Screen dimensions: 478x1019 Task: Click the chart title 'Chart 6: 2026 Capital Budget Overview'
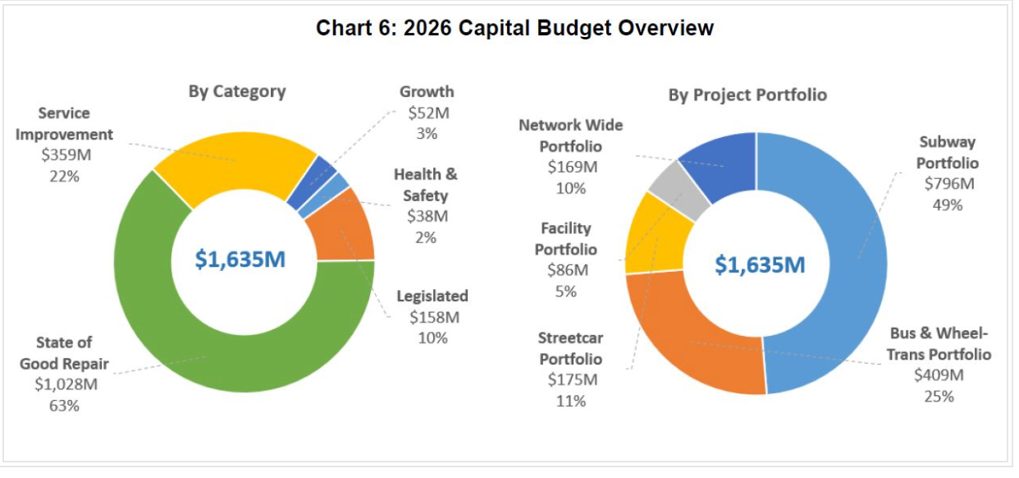click(x=514, y=29)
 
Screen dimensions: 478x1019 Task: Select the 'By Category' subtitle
click(x=237, y=91)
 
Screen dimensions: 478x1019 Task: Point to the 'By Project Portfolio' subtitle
click(x=747, y=95)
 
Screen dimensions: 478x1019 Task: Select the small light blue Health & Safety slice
click(x=337, y=186)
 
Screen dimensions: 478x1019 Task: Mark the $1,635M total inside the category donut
click(x=240, y=260)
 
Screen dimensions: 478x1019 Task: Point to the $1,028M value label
click(x=66, y=384)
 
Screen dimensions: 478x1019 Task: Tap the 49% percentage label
click(x=947, y=205)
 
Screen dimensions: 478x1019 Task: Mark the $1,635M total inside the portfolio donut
click(x=760, y=265)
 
